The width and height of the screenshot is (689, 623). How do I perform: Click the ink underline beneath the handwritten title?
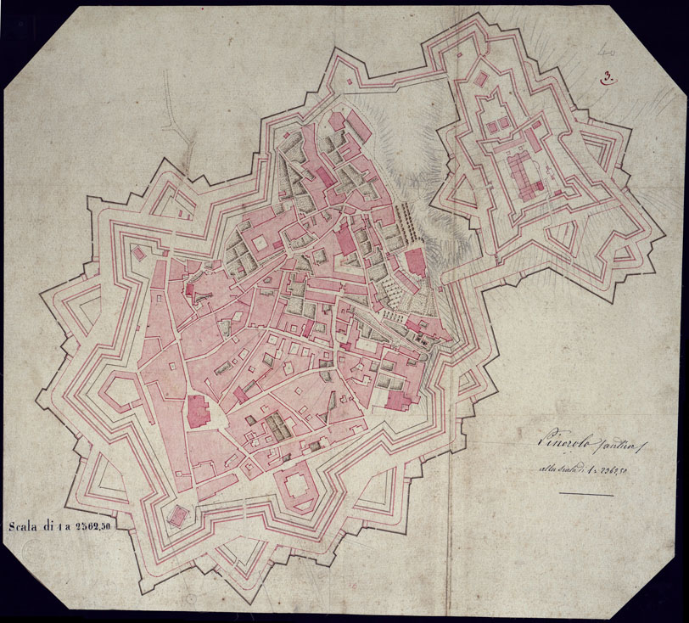pos(585,494)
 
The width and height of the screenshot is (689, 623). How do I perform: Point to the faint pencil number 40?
pos(604,53)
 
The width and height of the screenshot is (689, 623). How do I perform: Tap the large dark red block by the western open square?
pos(197,411)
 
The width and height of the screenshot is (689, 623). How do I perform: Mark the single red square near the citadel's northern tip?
pos(481,79)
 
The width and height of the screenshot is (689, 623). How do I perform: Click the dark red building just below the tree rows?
pos(416,263)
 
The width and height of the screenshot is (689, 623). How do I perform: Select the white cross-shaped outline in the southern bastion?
pos(297,486)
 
